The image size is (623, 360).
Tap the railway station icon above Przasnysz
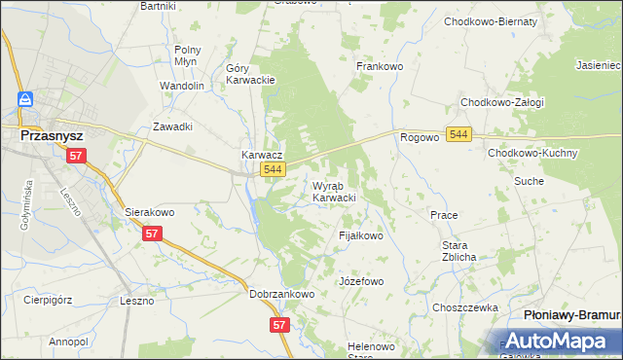(x=24, y=100)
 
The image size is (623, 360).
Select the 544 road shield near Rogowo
(x=460, y=134)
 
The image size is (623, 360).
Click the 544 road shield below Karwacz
(x=274, y=170)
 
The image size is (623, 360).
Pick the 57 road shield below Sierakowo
(x=152, y=234)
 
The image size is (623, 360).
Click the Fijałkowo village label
(x=360, y=235)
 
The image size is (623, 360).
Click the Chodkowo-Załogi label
(x=502, y=102)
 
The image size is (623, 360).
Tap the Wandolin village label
(x=182, y=86)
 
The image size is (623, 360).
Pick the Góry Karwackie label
(x=251, y=74)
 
